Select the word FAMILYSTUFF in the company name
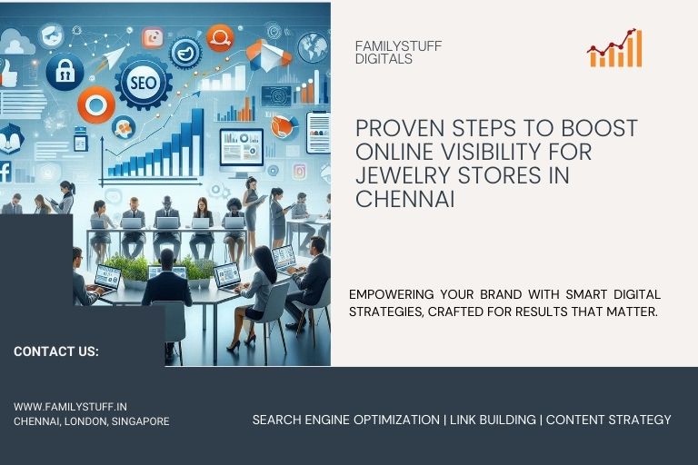click(399, 46)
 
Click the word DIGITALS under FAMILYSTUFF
click(384, 59)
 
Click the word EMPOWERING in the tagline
click(392, 294)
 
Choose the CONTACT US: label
click(56, 351)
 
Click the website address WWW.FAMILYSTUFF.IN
click(70, 408)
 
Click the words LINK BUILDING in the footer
click(493, 420)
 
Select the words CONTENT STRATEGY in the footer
click(608, 420)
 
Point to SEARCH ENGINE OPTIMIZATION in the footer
click(345, 420)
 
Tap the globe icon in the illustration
click(313, 46)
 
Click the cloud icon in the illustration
click(17, 41)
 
